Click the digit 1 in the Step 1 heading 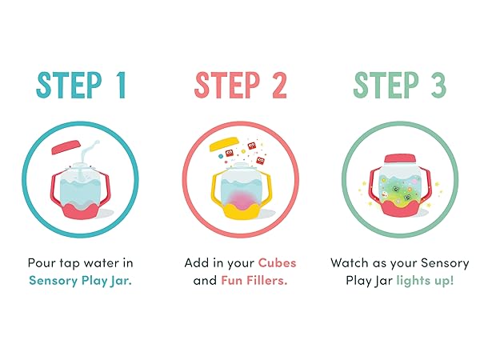tap(122, 85)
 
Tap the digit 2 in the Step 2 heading tap(279, 85)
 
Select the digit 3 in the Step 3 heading tap(438, 85)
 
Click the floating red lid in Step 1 tap(66, 147)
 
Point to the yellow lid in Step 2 tap(224, 143)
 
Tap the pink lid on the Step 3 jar tap(400, 158)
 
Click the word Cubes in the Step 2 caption tap(277, 263)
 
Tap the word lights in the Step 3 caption tap(415, 281)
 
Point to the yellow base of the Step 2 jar tap(242, 212)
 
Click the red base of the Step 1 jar tap(80, 211)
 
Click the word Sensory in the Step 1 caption tap(54, 281)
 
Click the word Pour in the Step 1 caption tap(42, 263)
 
